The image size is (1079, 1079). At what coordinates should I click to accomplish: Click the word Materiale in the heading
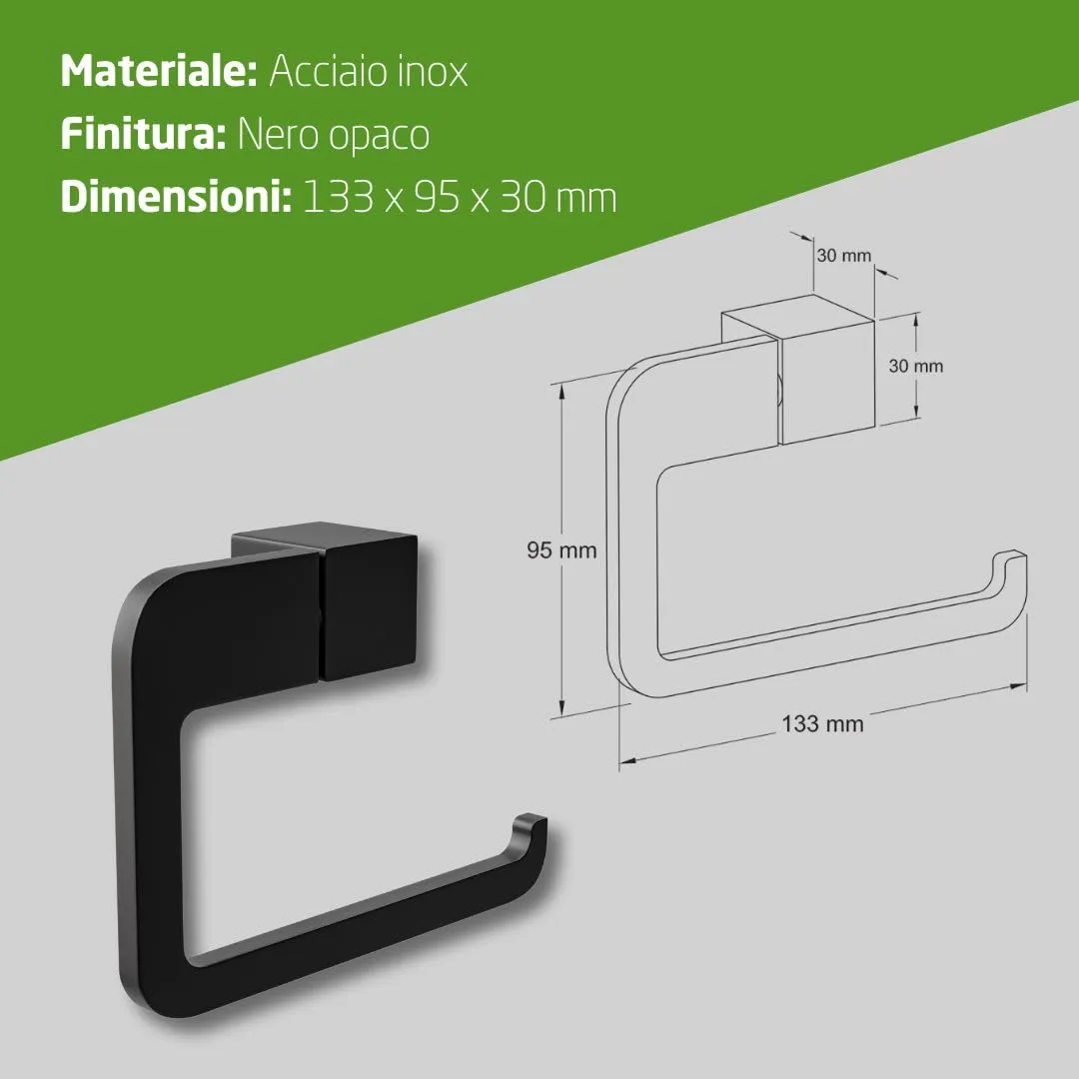click(158, 71)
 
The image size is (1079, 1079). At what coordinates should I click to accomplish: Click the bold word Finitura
click(143, 134)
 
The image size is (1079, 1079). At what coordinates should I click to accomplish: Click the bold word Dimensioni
click(176, 197)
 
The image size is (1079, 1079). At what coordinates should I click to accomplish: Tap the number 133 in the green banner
click(338, 198)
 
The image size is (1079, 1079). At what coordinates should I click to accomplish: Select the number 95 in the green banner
click(437, 198)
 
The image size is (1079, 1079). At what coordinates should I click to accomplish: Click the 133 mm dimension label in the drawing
click(822, 724)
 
